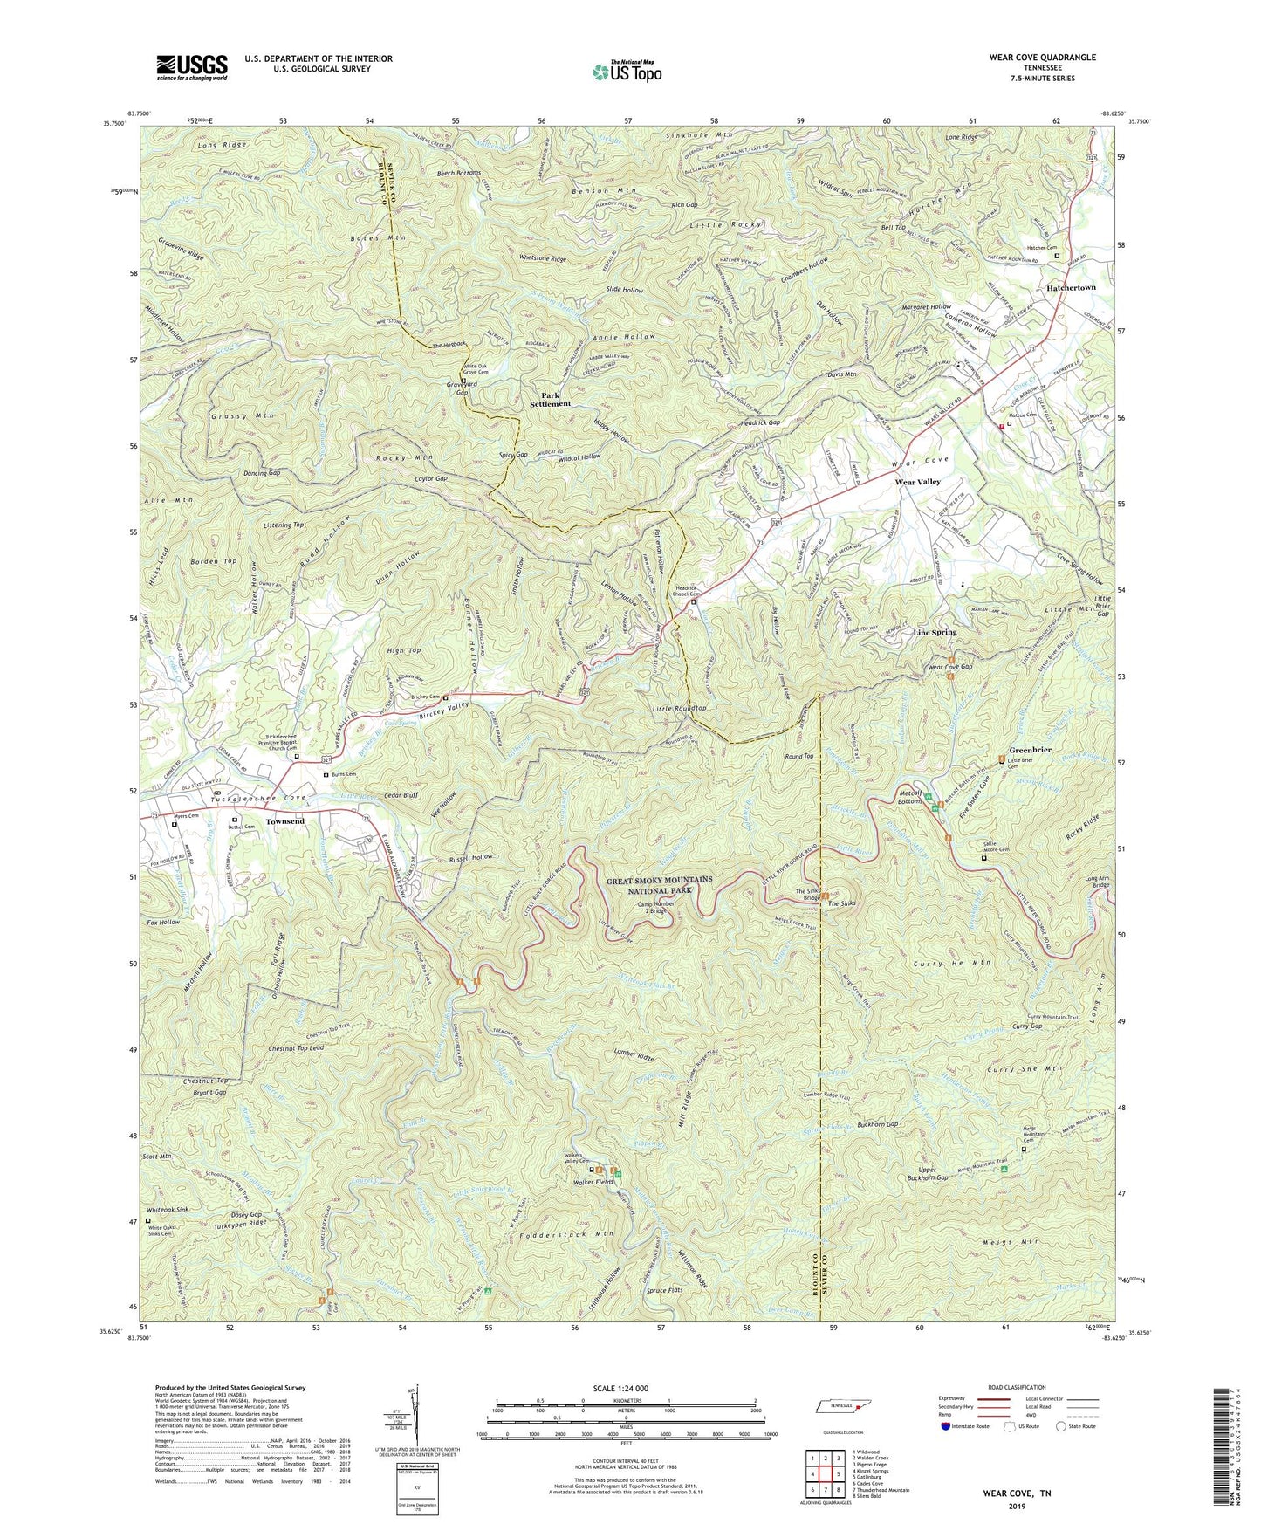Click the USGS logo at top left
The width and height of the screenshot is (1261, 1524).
point(191,67)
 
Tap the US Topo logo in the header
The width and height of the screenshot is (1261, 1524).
point(626,72)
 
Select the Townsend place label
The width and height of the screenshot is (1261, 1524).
point(284,821)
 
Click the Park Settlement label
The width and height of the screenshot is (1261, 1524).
point(551,399)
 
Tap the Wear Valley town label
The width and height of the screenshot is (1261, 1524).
point(917,482)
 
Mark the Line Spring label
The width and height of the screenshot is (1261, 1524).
point(935,632)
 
